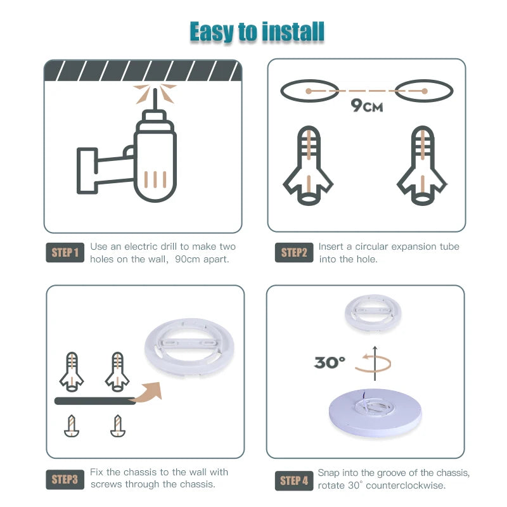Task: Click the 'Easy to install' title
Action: click(x=257, y=31)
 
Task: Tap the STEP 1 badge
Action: click(x=65, y=253)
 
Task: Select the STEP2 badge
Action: click(x=293, y=253)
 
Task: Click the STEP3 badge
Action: click(x=65, y=479)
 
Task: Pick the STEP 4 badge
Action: click(x=294, y=480)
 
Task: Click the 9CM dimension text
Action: click(x=367, y=106)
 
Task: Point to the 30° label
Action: click(x=330, y=363)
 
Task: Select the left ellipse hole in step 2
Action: click(x=308, y=91)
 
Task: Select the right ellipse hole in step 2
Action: click(x=425, y=91)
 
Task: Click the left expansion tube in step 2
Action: click(x=308, y=166)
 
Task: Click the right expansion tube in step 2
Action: click(x=422, y=166)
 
